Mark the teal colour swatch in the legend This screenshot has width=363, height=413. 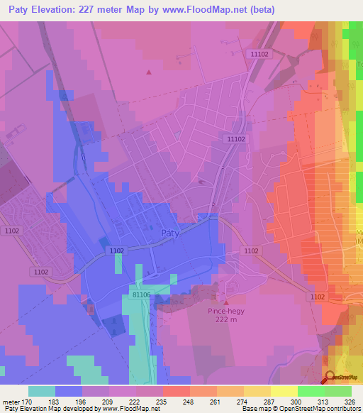tap(42, 391)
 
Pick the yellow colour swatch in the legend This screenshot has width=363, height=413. tap(284, 391)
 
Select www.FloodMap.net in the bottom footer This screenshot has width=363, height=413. tap(126, 409)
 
